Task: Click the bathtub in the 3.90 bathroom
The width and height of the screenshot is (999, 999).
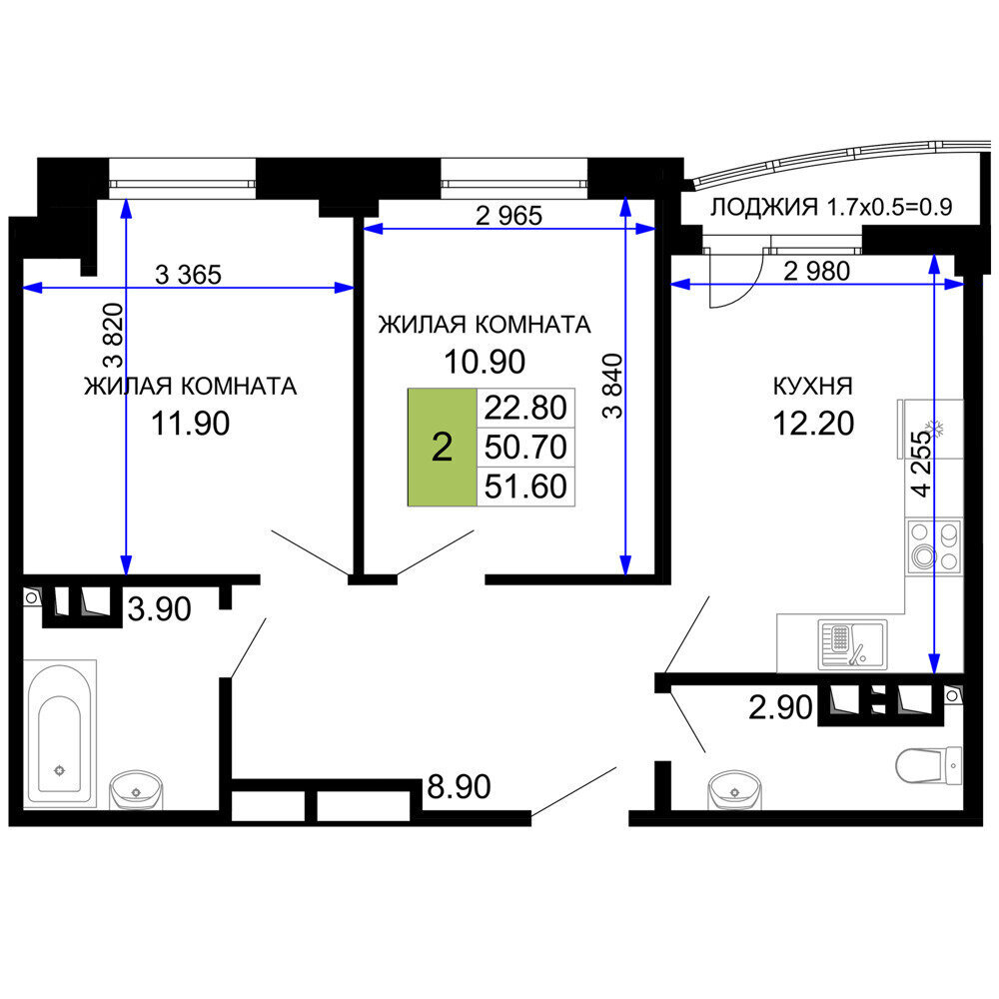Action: coord(59,733)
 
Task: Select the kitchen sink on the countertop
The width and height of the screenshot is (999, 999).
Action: coord(852,644)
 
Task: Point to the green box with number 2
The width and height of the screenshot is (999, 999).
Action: coord(443,447)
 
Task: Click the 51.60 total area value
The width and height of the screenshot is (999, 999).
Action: coord(525,487)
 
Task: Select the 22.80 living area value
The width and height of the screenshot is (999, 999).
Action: coord(525,408)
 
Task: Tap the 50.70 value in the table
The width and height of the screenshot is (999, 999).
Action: coord(525,447)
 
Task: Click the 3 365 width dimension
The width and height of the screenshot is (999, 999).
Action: coord(189,275)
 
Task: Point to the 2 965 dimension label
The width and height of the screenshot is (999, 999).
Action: coord(509,216)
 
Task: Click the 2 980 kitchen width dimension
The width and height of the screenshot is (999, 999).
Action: coord(816,272)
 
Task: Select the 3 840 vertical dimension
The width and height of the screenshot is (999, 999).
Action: coord(612,386)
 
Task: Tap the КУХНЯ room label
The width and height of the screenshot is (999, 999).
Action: coord(812,386)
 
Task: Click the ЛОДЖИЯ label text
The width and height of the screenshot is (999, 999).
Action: coord(764,207)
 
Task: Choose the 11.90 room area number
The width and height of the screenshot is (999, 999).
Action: coord(191,423)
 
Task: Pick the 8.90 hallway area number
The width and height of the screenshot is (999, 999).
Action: coord(459,787)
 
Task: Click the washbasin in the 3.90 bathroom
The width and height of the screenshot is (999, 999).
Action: coord(136,789)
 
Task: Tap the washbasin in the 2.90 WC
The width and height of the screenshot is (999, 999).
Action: coord(734,790)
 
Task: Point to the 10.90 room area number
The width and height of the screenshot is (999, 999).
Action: coord(485,362)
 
